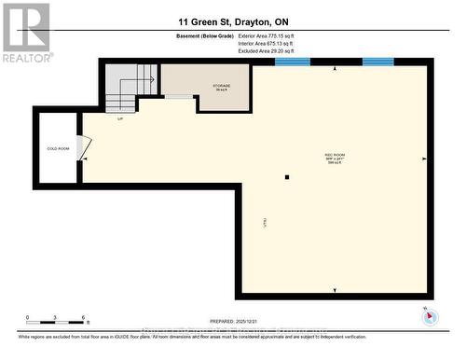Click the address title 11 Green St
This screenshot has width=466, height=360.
tap(232, 20)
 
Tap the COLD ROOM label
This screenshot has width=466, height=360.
tap(57, 148)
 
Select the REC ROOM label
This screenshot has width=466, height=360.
tap(335, 157)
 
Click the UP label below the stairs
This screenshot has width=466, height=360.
tap(119, 118)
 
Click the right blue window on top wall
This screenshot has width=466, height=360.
tap(377, 62)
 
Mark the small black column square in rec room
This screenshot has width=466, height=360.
tap(288, 176)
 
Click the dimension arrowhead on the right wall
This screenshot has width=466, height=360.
tap(425, 158)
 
